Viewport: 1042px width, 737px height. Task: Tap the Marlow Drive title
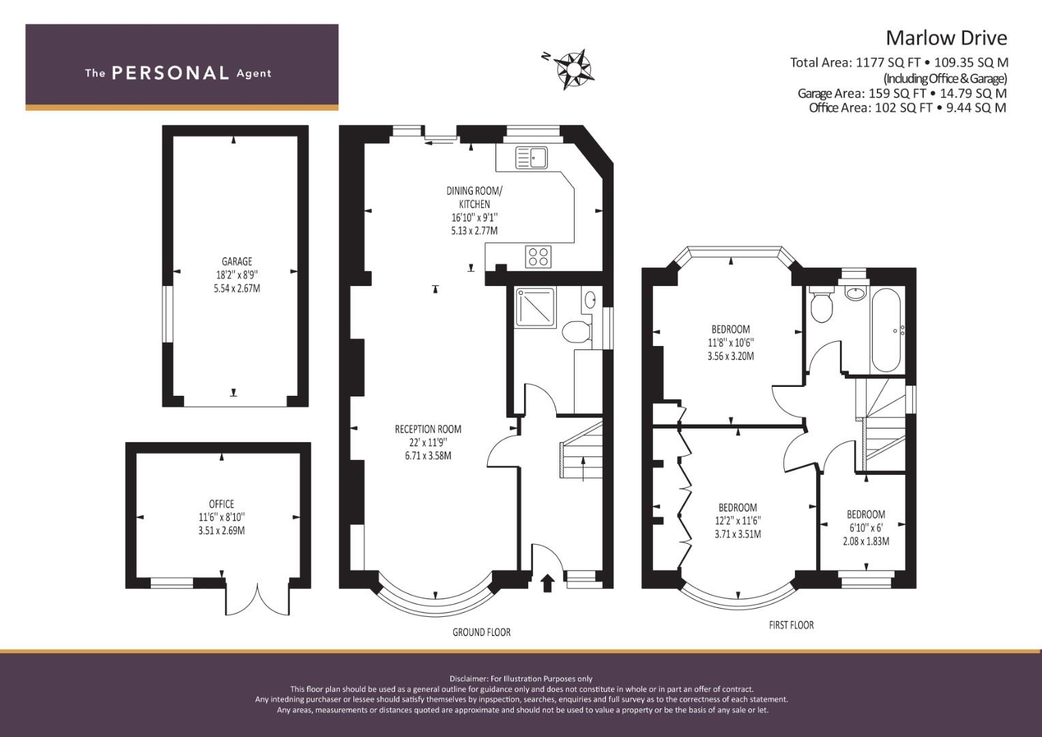[x=946, y=38]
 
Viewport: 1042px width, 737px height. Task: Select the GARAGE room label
[x=237, y=261]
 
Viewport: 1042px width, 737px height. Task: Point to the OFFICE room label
[x=221, y=504]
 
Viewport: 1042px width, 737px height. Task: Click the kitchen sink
[x=532, y=157]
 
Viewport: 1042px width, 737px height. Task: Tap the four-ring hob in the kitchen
[x=538, y=257]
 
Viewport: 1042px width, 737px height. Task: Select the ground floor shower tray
[x=535, y=308]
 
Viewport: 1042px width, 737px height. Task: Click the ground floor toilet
[x=577, y=331]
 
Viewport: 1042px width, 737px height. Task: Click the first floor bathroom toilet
[x=821, y=304]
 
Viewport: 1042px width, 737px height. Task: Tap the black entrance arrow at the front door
[x=547, y=583]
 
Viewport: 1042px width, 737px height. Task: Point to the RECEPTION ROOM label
[x=428, y=429]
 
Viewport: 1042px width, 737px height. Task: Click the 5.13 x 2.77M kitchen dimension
[x=474, y=231]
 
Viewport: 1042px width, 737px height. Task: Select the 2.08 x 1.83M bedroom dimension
[x=866, y=541]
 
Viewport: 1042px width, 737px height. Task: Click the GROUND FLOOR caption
[x=482, y=632]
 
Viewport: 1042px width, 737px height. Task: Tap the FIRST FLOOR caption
[x=792, y=625]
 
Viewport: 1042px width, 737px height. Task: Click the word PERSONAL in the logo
[x=171, y=73]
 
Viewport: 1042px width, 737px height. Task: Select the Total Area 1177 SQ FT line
[x=899, y=62]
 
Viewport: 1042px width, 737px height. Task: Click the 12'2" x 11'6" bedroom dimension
[x=738, y=521]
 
